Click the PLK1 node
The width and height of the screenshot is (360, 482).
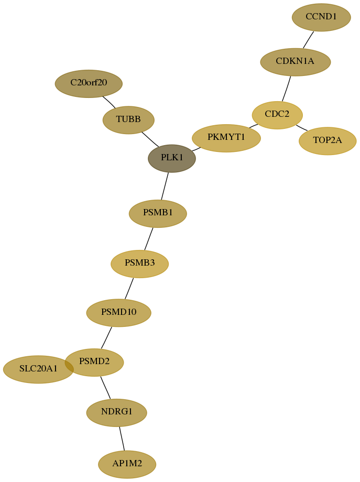tap(172, 158)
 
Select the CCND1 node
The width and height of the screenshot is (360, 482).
tap(321, 17)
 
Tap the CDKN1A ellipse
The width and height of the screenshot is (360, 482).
tap(296, 62)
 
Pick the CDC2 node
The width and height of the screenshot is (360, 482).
tap(277, 115)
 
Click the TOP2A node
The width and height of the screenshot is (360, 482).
tap(328, 141)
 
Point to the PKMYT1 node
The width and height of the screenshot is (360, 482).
tap(226, 138)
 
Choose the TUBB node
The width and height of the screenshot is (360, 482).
tap(128, 120)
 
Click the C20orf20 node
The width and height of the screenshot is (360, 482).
tap(89, 84)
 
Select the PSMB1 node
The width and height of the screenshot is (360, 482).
tap(158, 214)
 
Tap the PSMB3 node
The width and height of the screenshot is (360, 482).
tap(139, 264)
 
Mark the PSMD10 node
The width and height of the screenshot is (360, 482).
tap(118, 313)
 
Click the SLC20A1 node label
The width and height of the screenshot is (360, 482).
tap(38, 368)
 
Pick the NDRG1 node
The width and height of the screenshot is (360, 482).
tap(116, 412)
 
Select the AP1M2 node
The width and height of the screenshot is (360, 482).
tap(127, 465)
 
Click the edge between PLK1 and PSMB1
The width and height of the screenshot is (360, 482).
tap(165, 186)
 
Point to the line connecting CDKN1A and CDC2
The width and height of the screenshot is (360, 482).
tap(287, 89)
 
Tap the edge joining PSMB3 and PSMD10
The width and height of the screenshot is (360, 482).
tap(129, 288)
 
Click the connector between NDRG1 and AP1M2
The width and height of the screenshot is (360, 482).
tap(122, 439)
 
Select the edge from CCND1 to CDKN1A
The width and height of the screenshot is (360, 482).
tap(308, 40)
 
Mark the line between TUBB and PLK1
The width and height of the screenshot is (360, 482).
tap(150, 139)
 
